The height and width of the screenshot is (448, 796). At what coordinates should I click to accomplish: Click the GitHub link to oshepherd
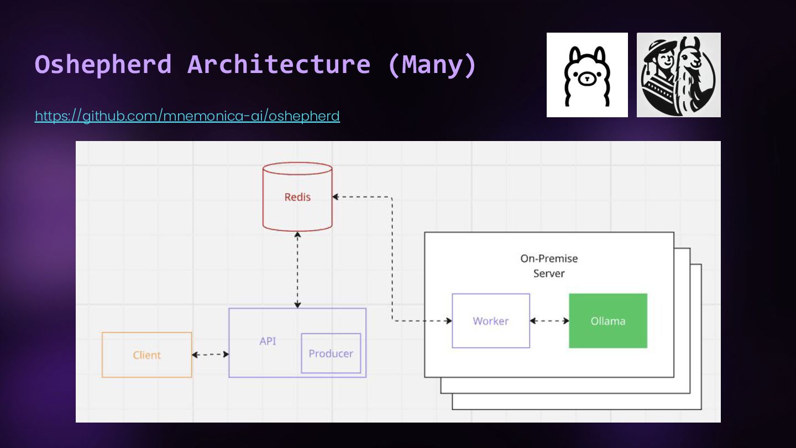click(187, 116)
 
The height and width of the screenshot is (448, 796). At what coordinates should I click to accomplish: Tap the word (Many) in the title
click(432, 64)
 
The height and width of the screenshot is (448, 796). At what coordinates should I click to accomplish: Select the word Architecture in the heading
click(279, 64)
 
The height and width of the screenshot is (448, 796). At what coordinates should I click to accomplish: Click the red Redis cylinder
click(297, 197)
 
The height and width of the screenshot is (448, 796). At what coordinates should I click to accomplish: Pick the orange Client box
click(146, 355)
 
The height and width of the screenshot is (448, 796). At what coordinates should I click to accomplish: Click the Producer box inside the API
click(331, 353)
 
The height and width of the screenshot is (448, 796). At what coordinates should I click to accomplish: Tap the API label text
click(268, 341)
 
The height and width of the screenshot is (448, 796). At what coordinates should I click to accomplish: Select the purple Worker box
click(490, 321)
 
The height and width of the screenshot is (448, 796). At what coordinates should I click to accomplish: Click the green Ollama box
click(608, 321)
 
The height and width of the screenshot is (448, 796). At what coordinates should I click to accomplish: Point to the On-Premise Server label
click(549, 265)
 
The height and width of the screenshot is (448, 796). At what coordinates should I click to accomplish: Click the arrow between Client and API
click(210, 355)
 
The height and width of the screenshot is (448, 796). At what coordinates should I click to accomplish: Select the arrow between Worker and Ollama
click(549, 321)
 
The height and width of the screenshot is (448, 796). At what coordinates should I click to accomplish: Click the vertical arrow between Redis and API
click(297, 269)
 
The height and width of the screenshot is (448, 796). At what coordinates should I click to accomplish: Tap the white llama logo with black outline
click(587, 75)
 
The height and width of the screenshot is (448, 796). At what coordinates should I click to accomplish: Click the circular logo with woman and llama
click(678, 75)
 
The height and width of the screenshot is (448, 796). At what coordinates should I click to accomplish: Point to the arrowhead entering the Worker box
click(449, 321)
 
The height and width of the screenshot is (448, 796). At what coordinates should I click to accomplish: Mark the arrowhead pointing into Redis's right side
click(336, 197)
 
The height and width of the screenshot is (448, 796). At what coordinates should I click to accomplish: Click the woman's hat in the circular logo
click(657, 48)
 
